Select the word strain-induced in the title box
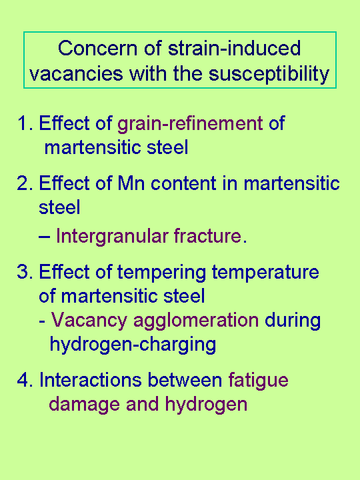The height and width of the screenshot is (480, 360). pos(231,49)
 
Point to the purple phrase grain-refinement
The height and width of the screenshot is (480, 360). pos(190,124)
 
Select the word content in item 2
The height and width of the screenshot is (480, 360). pos(181,183)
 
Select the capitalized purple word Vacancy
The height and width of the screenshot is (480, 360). pos(89,321)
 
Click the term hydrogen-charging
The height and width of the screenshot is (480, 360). pos(133,345)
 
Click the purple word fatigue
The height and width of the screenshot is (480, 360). pos(259,381)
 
